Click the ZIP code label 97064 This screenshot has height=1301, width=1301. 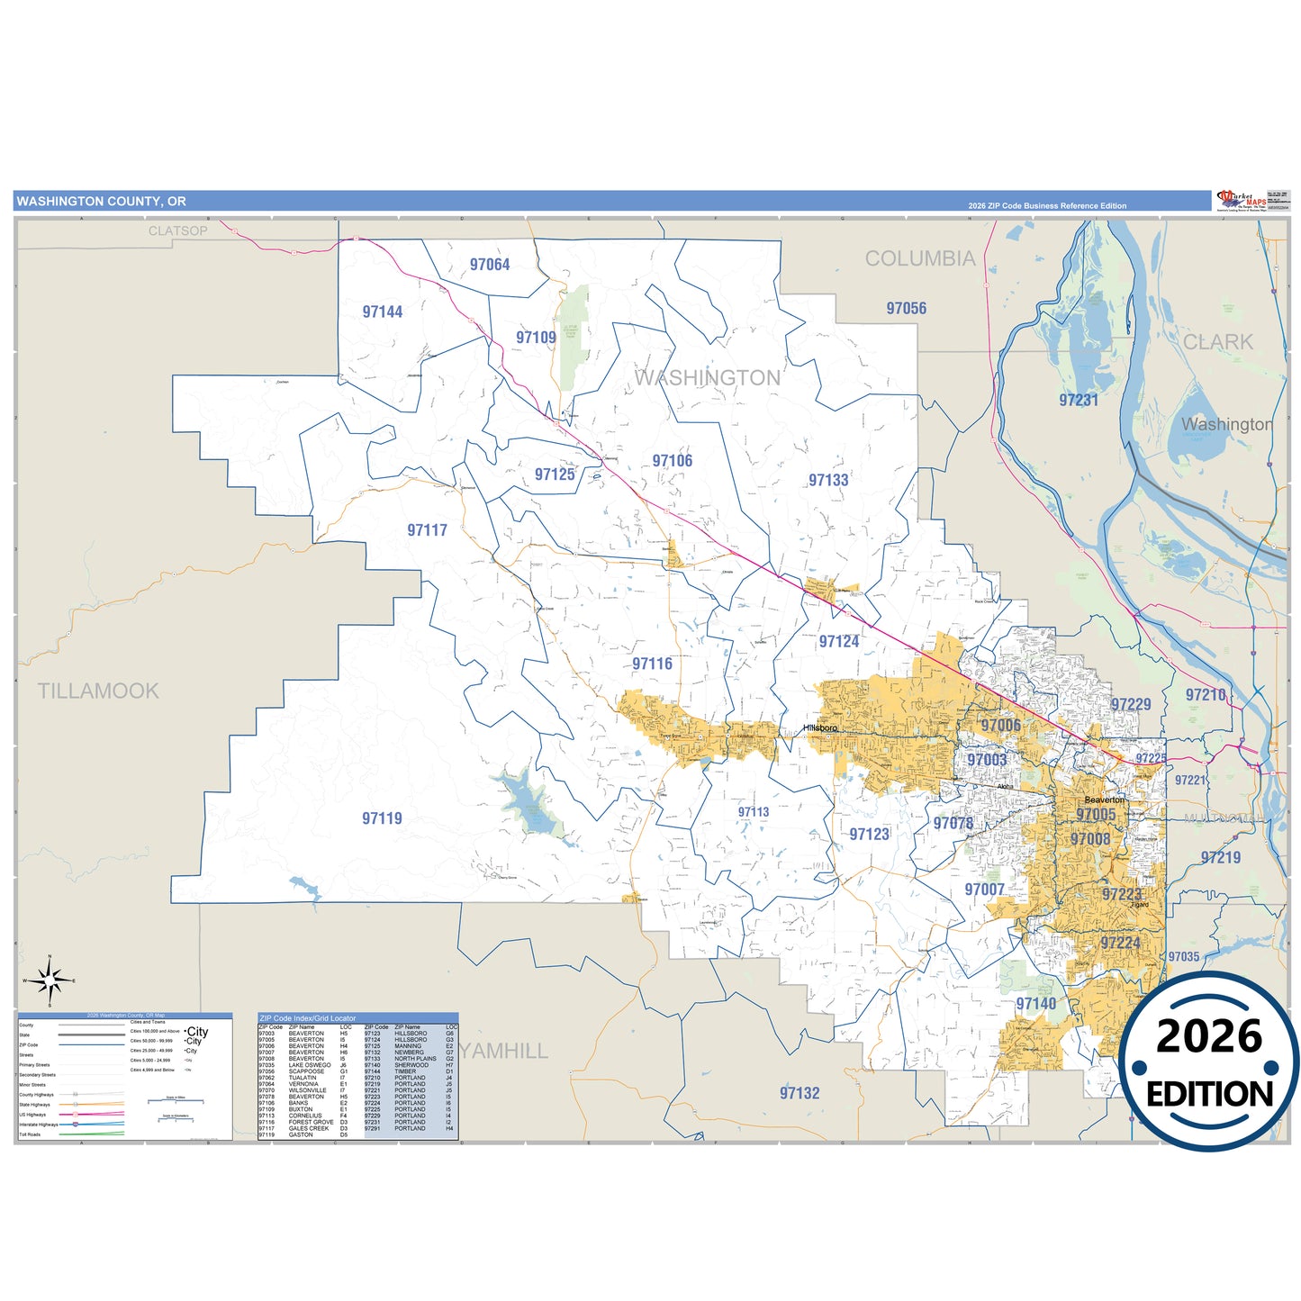[490, 265]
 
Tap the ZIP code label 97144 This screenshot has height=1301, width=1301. [383, 312]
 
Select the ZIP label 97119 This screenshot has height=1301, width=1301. [382, 818]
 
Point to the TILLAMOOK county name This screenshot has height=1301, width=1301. [98, 691]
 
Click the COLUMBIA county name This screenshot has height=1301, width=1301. [920, 259]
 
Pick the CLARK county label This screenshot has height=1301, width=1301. [1217, 342]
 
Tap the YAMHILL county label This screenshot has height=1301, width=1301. [504, 1051]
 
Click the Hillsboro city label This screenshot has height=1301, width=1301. [820, 727]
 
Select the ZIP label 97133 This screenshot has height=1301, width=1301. [828, 481]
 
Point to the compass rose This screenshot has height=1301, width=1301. [50, 980]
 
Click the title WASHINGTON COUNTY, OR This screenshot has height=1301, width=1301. [102, 202]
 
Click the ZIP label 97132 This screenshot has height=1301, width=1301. [800, 1093]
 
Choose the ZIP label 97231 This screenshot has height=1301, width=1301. [1079, 401]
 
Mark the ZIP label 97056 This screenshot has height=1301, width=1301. [906, 309]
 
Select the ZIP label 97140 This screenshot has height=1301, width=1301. [1035, 1004]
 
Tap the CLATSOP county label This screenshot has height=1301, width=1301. [177, 231]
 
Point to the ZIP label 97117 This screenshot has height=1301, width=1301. [427, 530]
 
